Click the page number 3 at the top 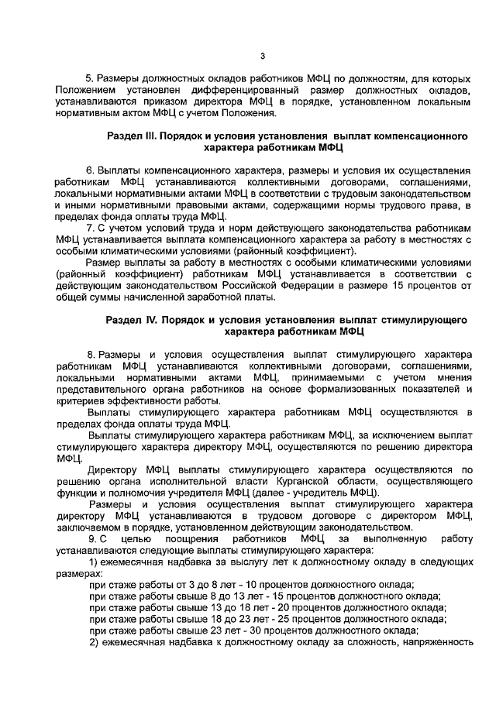(263, 56)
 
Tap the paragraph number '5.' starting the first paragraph (89, 80)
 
